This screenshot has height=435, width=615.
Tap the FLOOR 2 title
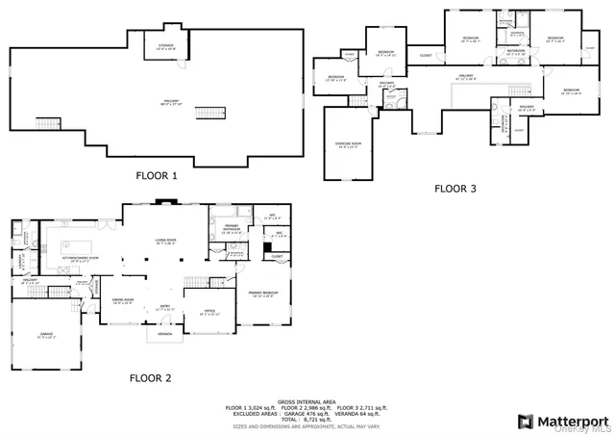(x=151, y=378)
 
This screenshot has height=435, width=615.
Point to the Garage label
(x=46, y=332)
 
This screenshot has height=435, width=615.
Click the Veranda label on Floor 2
(x=165, y=334)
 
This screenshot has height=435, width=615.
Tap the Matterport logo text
(x=573, y=421)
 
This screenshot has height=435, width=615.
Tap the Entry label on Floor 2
(x=163, y=308)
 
